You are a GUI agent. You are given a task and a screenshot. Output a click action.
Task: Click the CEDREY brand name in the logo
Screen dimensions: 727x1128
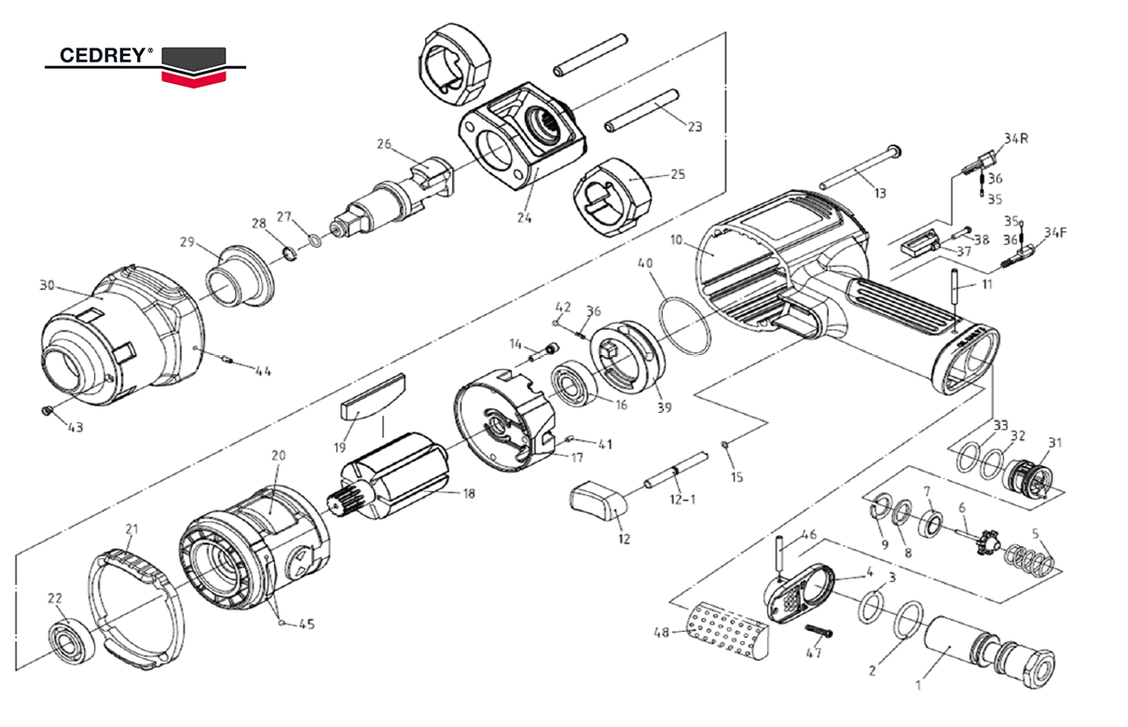(x=103, y=56)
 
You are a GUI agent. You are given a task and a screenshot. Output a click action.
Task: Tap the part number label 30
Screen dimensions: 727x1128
(x=48, y=286)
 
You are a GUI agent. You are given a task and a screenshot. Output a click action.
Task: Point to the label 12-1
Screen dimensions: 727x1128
(x=683, y=500)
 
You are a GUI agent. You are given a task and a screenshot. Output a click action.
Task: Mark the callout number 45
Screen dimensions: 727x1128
(x=307, y=624)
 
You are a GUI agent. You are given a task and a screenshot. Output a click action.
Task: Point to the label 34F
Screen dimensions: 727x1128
(x=1055, y=232)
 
